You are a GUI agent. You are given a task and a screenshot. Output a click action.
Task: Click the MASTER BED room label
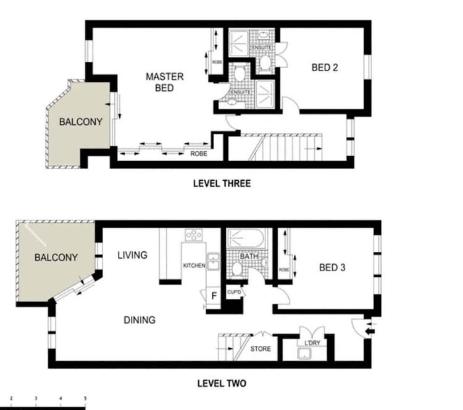tap(165, 82)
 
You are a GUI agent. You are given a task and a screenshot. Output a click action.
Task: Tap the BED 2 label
tap(325, 68)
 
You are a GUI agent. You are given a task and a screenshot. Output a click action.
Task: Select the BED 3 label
tap(332, 267)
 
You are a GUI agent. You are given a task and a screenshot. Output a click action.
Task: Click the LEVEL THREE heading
tap(222, 183)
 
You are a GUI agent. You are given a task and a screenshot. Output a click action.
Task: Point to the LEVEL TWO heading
tap(222, 383)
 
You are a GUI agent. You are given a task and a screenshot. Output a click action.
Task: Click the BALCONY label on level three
tap(81, 122)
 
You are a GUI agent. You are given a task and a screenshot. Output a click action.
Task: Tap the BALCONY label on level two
tap(56, 257)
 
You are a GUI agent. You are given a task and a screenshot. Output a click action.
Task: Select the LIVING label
tap(132, 255)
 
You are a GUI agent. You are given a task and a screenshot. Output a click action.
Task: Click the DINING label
tap(140, 320)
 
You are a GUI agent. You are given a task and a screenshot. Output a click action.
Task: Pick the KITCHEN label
tap(194, 266)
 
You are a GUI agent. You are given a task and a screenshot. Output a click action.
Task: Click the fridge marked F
tap(214, 296)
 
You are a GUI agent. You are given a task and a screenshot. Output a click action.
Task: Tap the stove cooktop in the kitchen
tap(193, 235)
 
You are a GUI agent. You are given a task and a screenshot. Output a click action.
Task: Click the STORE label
tap(261, 349)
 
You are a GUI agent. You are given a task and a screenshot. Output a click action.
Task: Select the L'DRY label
tap(312, 343)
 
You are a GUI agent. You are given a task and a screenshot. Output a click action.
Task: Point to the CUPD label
tap(234, 292)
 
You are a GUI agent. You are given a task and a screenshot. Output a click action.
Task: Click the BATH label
tap(249, 256)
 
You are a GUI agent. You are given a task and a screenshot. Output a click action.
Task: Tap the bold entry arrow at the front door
tap(370, 332)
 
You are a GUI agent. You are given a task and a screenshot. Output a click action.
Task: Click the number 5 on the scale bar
tap(85, 398)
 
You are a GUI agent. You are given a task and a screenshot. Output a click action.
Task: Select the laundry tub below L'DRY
tap(305, 354)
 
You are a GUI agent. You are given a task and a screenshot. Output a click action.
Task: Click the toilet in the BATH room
tap(236, 269)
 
